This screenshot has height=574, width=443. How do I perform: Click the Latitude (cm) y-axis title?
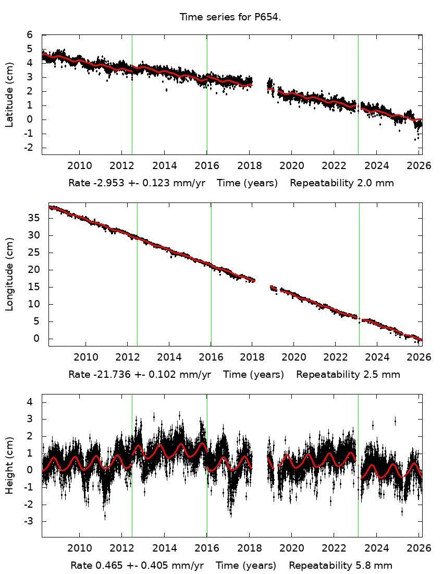tap(9, 94)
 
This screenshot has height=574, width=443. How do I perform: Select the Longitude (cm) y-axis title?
tap(9, 274)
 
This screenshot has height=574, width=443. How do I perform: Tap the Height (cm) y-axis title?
tap(9, 465)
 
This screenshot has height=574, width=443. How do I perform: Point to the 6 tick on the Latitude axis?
tap(30, 34)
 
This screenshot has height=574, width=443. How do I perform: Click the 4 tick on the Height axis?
tap(30, 402)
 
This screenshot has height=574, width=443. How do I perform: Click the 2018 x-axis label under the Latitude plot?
tap(250, 165)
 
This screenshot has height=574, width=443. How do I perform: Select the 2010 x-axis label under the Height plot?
tap(80, 548)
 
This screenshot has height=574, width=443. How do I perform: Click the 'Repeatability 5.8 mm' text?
tap(340, 566)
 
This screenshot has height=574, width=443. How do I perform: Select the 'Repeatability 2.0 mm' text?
tap(341, 183)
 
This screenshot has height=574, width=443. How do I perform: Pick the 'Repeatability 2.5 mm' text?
tap(348, 375)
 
